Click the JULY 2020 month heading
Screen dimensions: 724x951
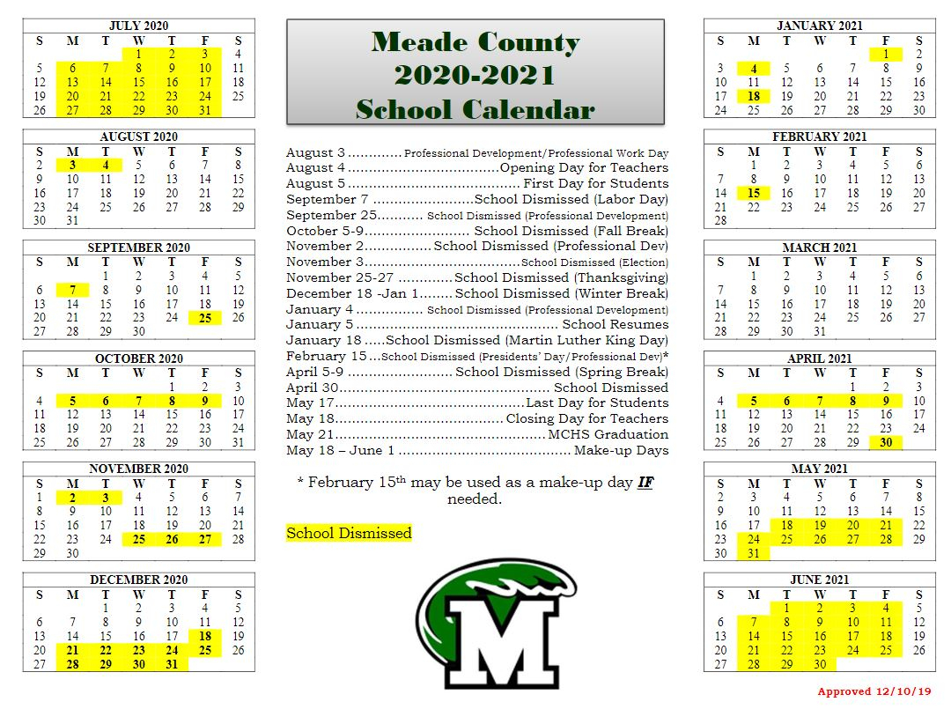pyautogui.click(x=138, y=26)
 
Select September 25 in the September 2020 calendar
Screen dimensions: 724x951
pyautogui.click(x=205, y=317)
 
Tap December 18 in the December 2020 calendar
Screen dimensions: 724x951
pyautogui.click(x=205, y=635)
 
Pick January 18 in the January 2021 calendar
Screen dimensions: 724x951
pyautogui.click(x=754, y=96)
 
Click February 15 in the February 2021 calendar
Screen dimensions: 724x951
pyautogui.click(x=754, y=193)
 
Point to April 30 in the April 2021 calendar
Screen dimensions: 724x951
pyautogui.click(x=886, y=442)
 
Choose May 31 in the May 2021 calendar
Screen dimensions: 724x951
pyautogui.click(x=754, y=553)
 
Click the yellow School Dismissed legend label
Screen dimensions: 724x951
pyautogui.click(x=349, y=533)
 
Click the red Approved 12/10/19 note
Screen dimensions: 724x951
pyautogui.click(x=874, y=691)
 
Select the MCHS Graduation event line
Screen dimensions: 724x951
pyautogui.click(x=476, y=434)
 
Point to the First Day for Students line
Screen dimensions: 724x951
pyautogui.click(x=476, y=183)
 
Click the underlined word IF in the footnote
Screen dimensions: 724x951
pyautogui.click(x=645, y=483)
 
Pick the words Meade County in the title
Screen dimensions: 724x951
pyautogui.click(x=475, y=42)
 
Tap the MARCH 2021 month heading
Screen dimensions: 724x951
pyautogui.click(x=819, y=247)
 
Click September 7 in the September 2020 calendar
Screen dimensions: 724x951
pyautogui.click(x=72, y=290)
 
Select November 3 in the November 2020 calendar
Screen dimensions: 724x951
pyautogui.click(x=106, y=498)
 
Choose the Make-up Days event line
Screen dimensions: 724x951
pyautogui.click(x=476, y=450)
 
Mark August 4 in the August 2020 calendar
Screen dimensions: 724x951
pyautogui.click(x=106, y=165)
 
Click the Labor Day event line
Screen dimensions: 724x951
pyautogui.click(x=476, y=199)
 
